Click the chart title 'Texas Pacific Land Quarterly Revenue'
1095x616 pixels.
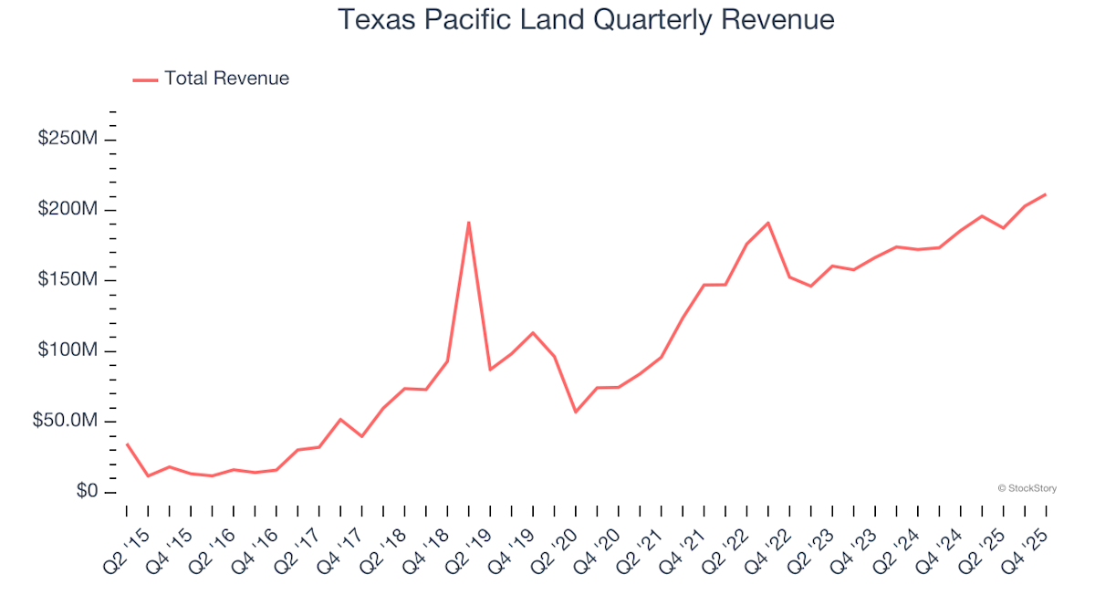(x=586, y=19)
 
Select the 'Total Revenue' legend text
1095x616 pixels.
(x=226, y=78)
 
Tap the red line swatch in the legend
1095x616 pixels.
(x=145, y=79)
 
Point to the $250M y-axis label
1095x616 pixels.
(x=68, y=140)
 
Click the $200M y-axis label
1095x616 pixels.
(x=68, y=210)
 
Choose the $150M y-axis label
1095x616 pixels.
(x=68, y=280)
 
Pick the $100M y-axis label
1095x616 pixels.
(x=68, y=351)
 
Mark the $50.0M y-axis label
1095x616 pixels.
(x=65, y=422)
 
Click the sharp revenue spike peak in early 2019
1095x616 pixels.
(x=468, y=222)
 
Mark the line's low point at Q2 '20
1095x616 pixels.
(x=575, y=412)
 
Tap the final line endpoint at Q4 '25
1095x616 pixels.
(x=1045, y=194)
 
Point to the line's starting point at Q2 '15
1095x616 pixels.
(x=127, y=444)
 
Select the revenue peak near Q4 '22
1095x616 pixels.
(x=768, y=223)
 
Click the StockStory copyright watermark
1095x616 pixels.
(x=1027, y=488)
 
